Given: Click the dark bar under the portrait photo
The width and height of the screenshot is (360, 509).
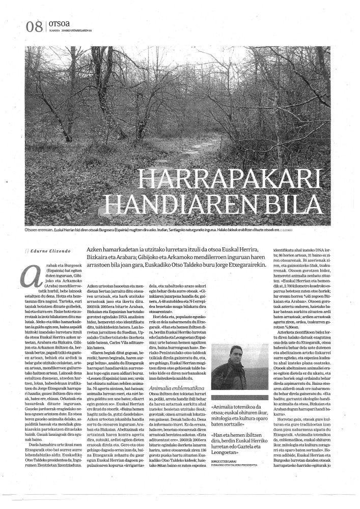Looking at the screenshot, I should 232,397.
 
